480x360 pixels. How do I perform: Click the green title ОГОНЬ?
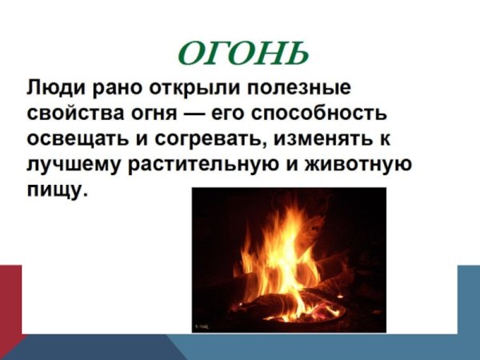click(242, 54)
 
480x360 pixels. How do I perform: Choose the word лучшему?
click(70, 166)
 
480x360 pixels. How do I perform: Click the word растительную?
click(193, 165)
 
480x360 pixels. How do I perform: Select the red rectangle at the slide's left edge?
click(10, 300)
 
